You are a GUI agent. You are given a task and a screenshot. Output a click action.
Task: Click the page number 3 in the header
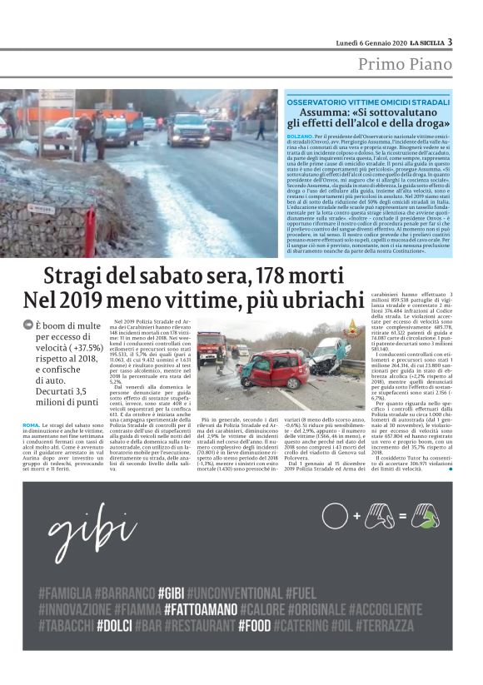coord(450,42)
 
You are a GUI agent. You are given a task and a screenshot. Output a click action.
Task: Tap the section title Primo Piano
coord(406,65)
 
